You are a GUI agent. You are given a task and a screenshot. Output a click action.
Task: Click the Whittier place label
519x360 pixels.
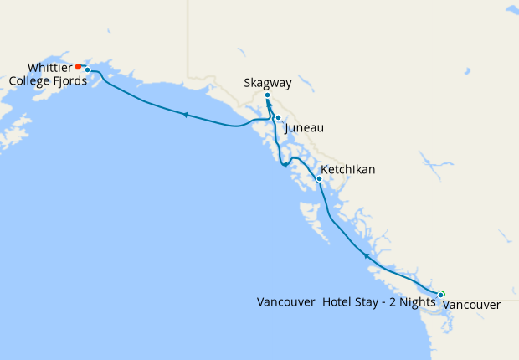tap(49, 67)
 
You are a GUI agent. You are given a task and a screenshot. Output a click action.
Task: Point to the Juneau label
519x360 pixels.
tap(304, 128)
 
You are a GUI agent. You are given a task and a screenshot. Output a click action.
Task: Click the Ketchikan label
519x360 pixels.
tap(348, 170)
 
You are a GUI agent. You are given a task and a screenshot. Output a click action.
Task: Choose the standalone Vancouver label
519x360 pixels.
tap(471, 305)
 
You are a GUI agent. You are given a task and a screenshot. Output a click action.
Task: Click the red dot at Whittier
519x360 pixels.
tap(78, 66)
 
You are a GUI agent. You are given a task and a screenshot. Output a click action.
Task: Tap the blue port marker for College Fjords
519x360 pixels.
tap(87, 70)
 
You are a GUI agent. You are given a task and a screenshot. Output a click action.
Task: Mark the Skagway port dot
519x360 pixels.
tap(267, 95)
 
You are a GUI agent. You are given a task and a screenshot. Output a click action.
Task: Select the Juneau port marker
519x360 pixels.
tap(278, 118)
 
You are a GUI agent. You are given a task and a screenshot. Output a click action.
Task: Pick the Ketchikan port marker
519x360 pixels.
tap(319, 178)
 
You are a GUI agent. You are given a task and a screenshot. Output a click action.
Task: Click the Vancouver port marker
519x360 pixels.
tap(441, 294)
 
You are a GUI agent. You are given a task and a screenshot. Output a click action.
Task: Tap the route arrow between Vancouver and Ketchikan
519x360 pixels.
tap(366, 255)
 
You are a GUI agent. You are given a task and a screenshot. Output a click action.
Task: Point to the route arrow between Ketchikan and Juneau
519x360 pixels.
tap(286, 164)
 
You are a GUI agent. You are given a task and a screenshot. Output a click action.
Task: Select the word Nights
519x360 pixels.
tap(414, 301)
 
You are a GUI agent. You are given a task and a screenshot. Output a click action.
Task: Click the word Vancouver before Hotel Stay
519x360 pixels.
tap(286, 301)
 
